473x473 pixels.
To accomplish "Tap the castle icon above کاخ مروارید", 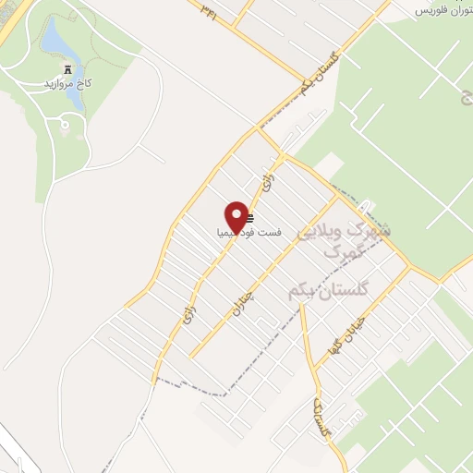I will pyautogui.click(x=67, y=70).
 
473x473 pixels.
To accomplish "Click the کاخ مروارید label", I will pyautogui.click(x=66, y=85).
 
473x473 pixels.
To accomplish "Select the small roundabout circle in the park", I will pyautogui.click(x=65, y=121).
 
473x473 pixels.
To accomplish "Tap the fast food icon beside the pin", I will pyautogui.click(x=250, y=219).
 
